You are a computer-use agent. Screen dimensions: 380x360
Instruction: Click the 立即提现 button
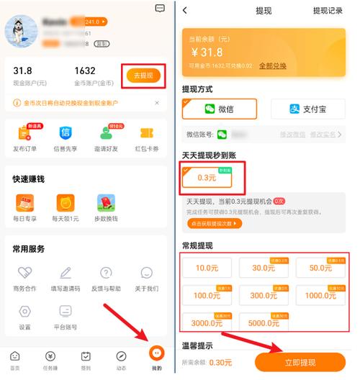click(301, 362)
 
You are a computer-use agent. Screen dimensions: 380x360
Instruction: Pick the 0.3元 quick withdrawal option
click(207, 177)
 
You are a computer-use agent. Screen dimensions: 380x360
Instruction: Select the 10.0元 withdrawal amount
click(207, 268)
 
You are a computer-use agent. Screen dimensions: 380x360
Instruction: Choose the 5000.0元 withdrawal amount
click(263, 322)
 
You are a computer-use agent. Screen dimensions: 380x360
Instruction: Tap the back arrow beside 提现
click(186, 11)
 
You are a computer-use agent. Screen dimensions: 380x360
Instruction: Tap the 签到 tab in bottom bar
click(86, 358)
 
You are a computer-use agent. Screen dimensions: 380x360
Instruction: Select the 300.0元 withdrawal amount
click(263, 295)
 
